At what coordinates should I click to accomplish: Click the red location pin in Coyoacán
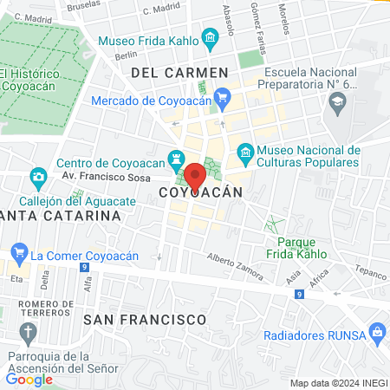(196, 176)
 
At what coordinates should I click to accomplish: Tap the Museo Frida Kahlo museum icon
(210, 39)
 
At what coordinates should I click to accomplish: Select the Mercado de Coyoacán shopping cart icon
(223, 97)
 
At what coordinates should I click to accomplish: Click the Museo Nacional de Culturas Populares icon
(245, 153)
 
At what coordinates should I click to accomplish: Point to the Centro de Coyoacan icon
(176, 159)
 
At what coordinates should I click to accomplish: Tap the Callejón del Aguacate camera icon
(37, 179)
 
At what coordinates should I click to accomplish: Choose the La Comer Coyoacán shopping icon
(18, 256)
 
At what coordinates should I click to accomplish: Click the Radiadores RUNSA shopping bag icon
(377, 331)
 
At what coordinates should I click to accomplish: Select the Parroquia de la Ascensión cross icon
(28, 333)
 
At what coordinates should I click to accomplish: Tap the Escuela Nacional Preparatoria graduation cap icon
(336, 106)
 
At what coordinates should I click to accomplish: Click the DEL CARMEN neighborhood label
(179, 73)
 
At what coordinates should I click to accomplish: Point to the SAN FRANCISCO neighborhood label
(145, 320)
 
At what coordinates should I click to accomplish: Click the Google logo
(29, 379)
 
